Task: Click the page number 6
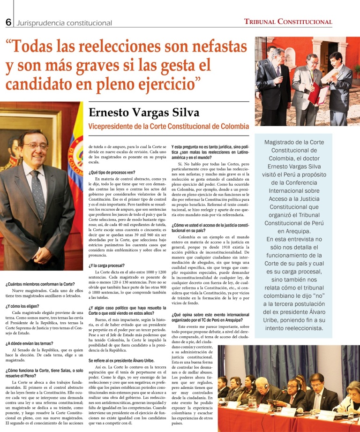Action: [8, 22]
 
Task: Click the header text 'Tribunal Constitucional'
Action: [288, 22]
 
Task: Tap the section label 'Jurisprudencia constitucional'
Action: [64, 23]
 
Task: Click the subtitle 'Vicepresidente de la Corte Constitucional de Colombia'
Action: [169, 127]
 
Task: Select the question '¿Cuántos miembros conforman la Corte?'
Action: [40, 284]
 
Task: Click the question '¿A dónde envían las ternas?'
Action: [30, 343]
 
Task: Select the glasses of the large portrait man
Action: [34, 146]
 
